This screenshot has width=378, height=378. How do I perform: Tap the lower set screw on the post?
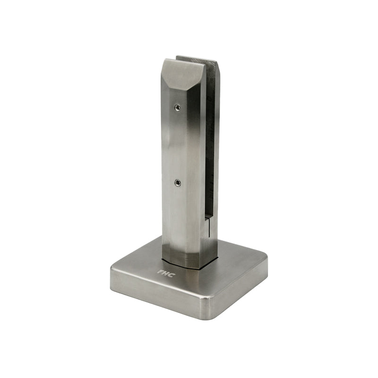pos(176,182)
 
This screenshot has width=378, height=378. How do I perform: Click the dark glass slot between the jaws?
pos(210,142)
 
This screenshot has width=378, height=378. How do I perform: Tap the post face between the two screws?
pos(177,144)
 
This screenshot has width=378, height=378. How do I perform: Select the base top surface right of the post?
pos(239,258)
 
